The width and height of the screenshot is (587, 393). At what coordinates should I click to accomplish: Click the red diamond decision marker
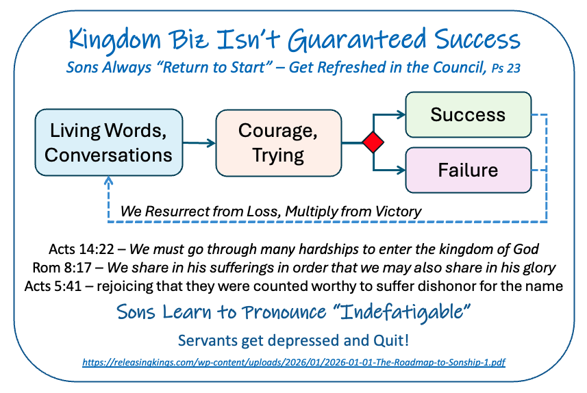click(x=373, y=142)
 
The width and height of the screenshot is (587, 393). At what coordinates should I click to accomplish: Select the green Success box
click(x=469, y=114)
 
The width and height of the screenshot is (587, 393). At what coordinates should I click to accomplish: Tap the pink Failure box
click(x=469, y=170)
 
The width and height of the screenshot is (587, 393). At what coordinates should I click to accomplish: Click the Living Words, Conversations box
click(x=109, y=142)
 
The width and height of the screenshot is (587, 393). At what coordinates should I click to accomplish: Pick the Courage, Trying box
click(x=279, y=142)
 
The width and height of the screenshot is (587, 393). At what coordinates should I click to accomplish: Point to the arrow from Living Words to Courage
click(x=199, y=142)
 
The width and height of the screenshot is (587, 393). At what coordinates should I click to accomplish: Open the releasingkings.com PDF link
click(x=294, y=362)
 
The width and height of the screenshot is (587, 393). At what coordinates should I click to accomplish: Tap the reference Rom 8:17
click(x=62, y=268)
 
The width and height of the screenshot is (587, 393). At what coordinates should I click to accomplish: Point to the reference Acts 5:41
click(x=53, y=286)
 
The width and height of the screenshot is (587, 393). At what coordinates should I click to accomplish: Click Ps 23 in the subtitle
click(x=505, y=68)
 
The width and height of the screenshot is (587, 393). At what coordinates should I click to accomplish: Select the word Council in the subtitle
click(x=460, y=67)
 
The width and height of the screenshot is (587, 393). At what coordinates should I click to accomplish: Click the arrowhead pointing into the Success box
click(x=401, y=114)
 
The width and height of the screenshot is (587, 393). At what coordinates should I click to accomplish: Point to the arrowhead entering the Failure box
click(x=401, y=170)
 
